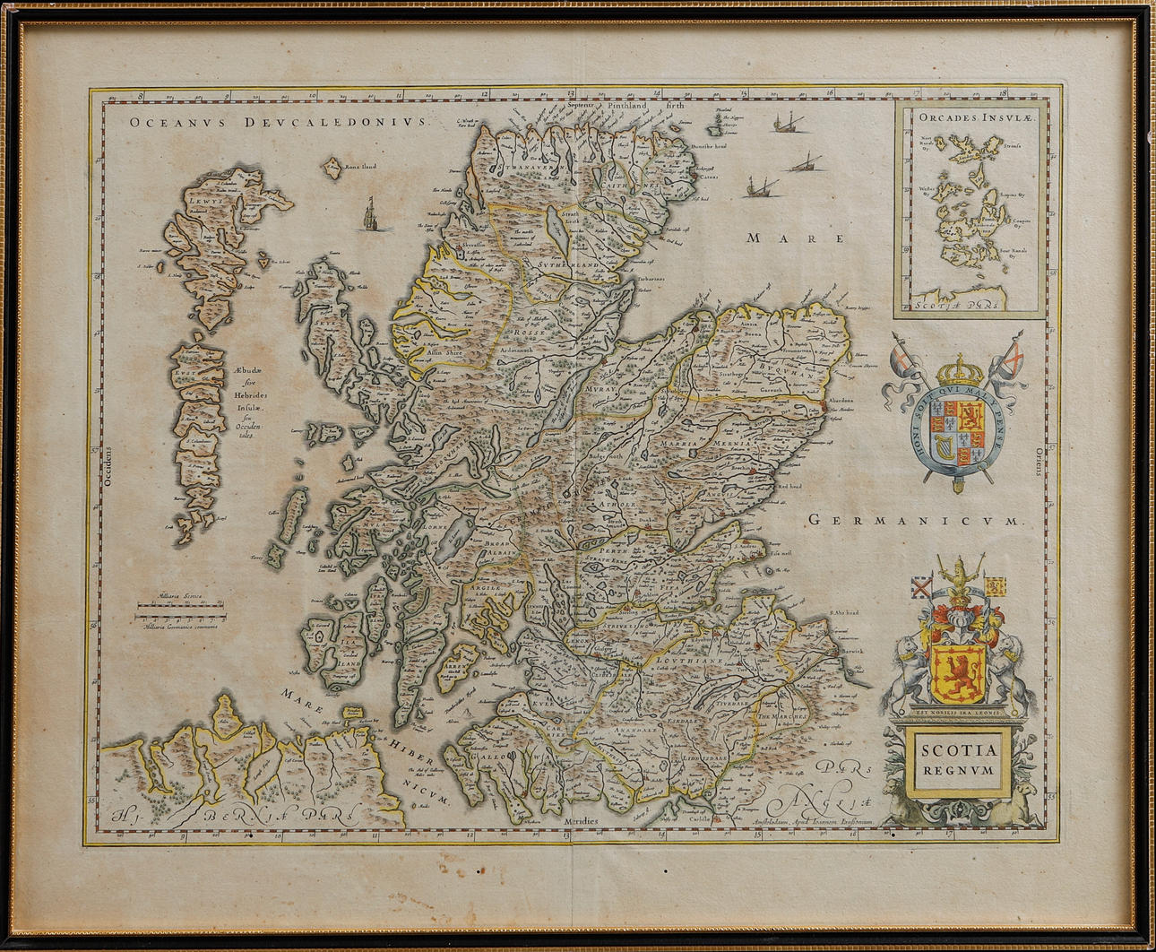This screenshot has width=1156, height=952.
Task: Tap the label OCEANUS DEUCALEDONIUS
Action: click(279, 123)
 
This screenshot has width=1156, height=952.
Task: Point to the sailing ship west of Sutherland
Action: click(370, 215)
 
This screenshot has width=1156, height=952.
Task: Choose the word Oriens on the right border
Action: click(1040, 461)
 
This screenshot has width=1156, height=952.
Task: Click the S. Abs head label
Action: click(844, 613)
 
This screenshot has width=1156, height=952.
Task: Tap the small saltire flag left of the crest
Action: click(919, 589)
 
